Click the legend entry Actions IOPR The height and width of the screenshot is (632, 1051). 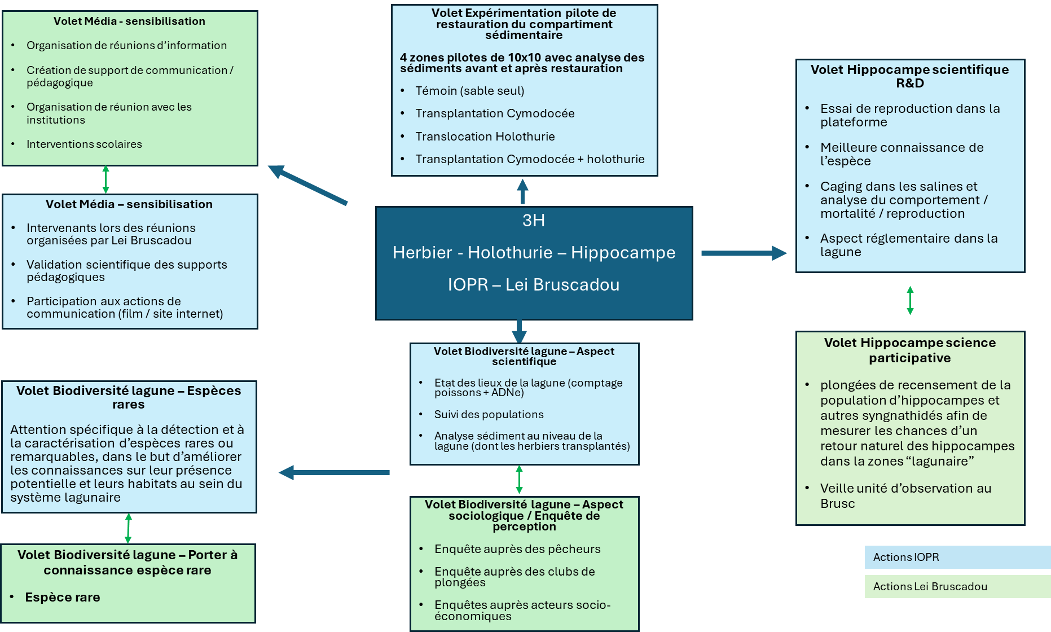point(905,557)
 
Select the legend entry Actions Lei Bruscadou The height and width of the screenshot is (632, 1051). point(930,586)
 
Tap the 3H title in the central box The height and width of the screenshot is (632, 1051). point(533,220)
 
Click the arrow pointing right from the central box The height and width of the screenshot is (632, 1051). point(744,253)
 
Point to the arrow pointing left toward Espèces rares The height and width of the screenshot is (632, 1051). point(334,472)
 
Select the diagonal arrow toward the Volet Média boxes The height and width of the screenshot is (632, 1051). point(307,185)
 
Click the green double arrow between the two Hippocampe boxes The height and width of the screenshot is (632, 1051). point(910,300)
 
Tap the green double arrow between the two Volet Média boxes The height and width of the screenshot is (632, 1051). point(105,179)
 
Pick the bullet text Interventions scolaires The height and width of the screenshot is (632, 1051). point(84,144)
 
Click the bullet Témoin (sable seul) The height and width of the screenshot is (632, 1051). point(470,91)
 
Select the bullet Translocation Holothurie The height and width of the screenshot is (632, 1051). point(485,137)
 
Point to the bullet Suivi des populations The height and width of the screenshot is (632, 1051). point(489,414)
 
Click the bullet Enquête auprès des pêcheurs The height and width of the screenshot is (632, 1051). point(517,549)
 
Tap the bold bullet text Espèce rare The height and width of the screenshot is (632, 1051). point(63,597)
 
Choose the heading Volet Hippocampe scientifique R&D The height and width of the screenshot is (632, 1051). point(909,76)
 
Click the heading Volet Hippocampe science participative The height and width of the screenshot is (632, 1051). point(909,350)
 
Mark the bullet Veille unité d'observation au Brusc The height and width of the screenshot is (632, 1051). point(905,495)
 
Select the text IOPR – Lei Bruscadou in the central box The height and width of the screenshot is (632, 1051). point(534,284)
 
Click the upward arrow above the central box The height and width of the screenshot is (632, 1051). point(522,191)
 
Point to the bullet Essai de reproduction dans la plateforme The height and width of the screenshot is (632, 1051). point(910,115)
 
